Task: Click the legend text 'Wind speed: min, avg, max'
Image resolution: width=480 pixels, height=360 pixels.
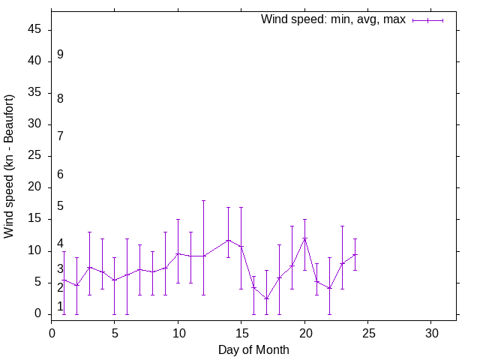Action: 332,19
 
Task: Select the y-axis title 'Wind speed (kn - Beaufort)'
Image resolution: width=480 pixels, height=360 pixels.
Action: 9,166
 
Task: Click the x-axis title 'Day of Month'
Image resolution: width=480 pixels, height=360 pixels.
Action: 253,349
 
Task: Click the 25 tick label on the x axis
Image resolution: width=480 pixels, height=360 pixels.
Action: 367,332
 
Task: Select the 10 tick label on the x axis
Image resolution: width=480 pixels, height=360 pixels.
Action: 178,332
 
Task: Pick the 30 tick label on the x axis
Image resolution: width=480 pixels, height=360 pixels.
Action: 431,332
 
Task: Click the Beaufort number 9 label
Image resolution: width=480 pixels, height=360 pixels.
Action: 60,55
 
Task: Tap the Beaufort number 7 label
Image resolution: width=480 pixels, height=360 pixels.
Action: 60,136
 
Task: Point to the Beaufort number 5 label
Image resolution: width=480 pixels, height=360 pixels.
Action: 60,206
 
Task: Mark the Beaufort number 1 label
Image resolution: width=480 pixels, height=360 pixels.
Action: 60,306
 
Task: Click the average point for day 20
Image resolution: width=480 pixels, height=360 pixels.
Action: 304,238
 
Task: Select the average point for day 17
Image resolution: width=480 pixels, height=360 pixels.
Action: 266,298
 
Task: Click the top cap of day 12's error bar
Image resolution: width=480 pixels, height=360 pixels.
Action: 203,200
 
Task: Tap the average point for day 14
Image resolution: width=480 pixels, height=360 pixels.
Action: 228,240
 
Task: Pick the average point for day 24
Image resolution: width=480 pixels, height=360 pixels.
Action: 355,254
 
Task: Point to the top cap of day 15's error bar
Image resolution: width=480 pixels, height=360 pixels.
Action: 241,207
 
